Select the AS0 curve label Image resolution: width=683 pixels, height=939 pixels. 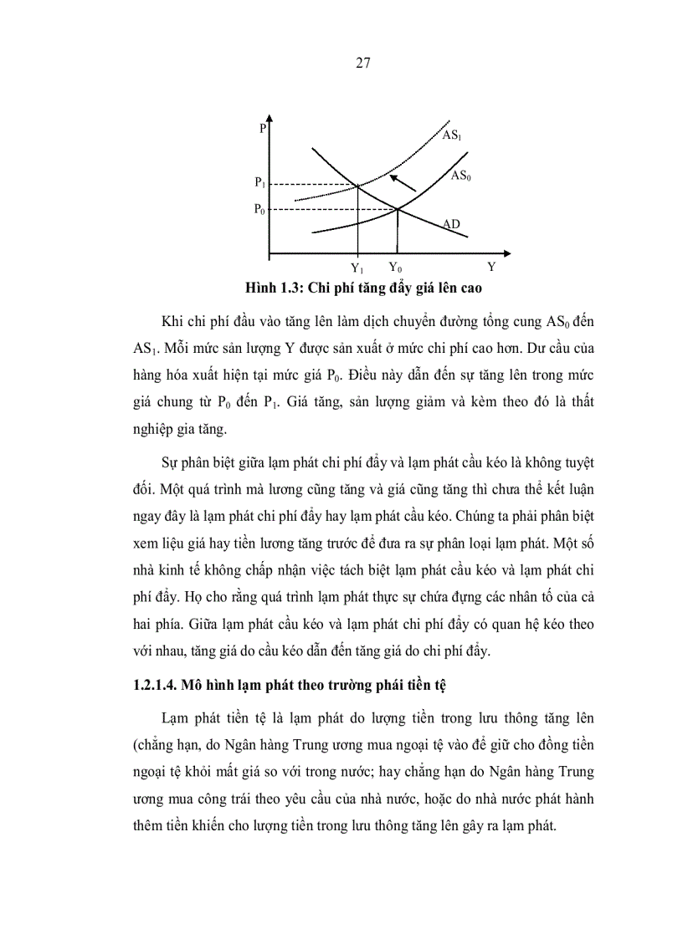coord(460,176)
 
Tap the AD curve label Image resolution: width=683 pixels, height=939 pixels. coord(450,224)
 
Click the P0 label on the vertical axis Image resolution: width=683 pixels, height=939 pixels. coord(260,210)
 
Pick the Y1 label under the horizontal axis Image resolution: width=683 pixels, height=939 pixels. coord(357,268)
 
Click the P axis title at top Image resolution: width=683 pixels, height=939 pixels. coord(262,129)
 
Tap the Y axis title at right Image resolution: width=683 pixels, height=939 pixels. coord(491,268)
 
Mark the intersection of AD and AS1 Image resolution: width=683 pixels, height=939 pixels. coord(358,185)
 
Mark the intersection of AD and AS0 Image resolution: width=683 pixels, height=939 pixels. coord(397,209)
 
